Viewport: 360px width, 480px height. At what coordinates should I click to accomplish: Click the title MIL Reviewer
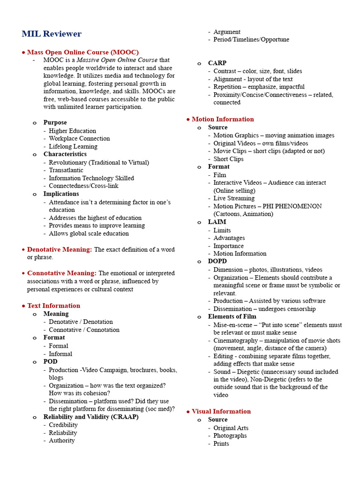pos(52,34)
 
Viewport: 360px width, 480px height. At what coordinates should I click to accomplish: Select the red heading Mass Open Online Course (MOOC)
pos(82,52)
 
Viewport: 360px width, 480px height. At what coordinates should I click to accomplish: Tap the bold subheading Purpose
pos(55,122)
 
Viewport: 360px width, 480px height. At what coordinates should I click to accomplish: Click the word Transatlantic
pos(66,170)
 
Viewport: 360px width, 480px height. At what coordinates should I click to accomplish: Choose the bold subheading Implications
pos(61,194)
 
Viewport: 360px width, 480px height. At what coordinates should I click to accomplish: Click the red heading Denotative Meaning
pos(59,249)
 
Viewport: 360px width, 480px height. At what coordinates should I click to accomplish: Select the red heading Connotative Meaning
pos(61,273)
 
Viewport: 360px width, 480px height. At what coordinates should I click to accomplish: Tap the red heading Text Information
pos(53,306)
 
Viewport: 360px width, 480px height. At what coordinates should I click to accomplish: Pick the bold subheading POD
pos(50,361)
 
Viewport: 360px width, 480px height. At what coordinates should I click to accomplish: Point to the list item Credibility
pos(63,425)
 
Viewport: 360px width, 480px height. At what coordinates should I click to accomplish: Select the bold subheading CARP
pos(217,63)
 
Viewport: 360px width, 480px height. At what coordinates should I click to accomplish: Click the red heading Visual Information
pos(221,411)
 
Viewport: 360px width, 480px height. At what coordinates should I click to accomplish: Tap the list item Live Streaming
pos(234,198)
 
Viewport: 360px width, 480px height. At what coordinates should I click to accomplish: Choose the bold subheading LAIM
pos(217,222)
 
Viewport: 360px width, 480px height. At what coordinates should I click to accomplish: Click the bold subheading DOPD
pos(217,261)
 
